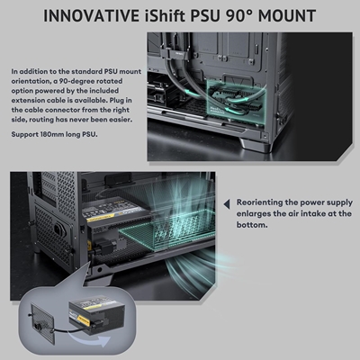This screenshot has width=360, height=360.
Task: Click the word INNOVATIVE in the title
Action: (91, 16)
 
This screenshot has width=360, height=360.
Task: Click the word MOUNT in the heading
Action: (287, 16)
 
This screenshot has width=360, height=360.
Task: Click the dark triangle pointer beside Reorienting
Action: (227, 204)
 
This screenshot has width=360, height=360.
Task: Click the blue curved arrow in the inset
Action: (90, 339)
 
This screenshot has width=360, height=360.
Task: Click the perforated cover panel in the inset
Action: (42, 323)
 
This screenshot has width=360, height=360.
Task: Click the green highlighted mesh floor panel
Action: (166, 231)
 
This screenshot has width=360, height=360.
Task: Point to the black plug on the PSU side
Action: (100, 247)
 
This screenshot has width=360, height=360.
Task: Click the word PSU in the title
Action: (204, 16)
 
